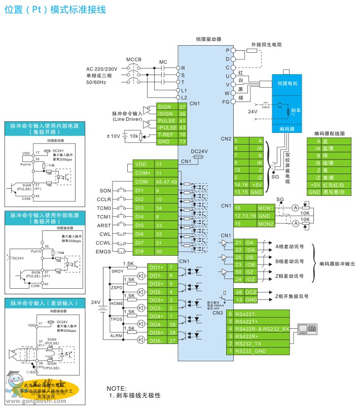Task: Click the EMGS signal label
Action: click(x=103, y=251)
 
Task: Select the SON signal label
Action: click(x=105, y=191)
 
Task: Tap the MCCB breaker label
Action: click(x=134, y=59)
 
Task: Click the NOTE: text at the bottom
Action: click(x=116, y=388)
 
